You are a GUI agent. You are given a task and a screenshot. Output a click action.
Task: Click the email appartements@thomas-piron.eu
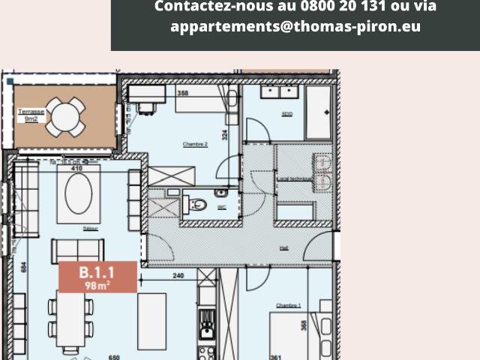coord(295,26)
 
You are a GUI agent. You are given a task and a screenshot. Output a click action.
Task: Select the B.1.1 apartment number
coord(97,272)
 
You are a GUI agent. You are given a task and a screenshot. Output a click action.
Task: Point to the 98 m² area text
coord(97,284)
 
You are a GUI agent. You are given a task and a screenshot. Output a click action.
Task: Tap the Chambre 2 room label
coord(195,143)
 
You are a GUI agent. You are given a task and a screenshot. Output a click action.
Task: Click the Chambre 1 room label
coord(288,305)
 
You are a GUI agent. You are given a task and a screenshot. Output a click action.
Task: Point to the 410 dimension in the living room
coord(76,169)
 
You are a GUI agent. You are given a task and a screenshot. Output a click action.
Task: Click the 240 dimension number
coord(178,275)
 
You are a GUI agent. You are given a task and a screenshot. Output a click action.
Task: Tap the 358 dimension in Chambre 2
coord(182,93)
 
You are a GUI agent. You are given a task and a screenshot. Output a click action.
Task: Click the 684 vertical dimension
coord(24,266)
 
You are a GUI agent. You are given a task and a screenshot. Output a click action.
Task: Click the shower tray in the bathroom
coord(318,112)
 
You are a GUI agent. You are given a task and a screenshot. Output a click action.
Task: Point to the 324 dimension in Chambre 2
coord(223,136)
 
